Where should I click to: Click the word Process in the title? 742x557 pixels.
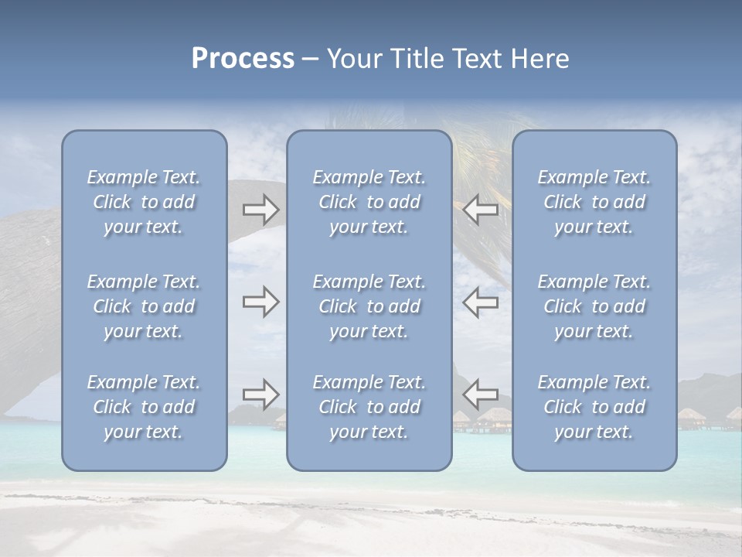click(243, 59)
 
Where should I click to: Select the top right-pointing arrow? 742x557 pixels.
click(261, 209)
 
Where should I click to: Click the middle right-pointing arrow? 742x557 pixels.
click(261, 302)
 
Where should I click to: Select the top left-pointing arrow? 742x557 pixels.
click(481, 209)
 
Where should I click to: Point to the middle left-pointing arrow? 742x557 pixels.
click(481, 302)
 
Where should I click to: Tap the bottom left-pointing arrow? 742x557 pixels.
click(481, 394)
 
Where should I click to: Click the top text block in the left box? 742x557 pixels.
click(144, 202)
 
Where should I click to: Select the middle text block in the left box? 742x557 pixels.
click(144, 306)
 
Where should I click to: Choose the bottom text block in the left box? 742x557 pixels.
click(144, 407)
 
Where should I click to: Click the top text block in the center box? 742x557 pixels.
click(369, 202)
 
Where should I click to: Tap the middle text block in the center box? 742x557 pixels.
click(369, 306)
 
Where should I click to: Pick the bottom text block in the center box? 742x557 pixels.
click(369, 407)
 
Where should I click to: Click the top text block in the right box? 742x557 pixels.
click(594, 202)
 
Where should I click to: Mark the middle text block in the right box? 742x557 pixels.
click(594, 306)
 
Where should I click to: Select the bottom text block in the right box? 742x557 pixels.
click(594, 407)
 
